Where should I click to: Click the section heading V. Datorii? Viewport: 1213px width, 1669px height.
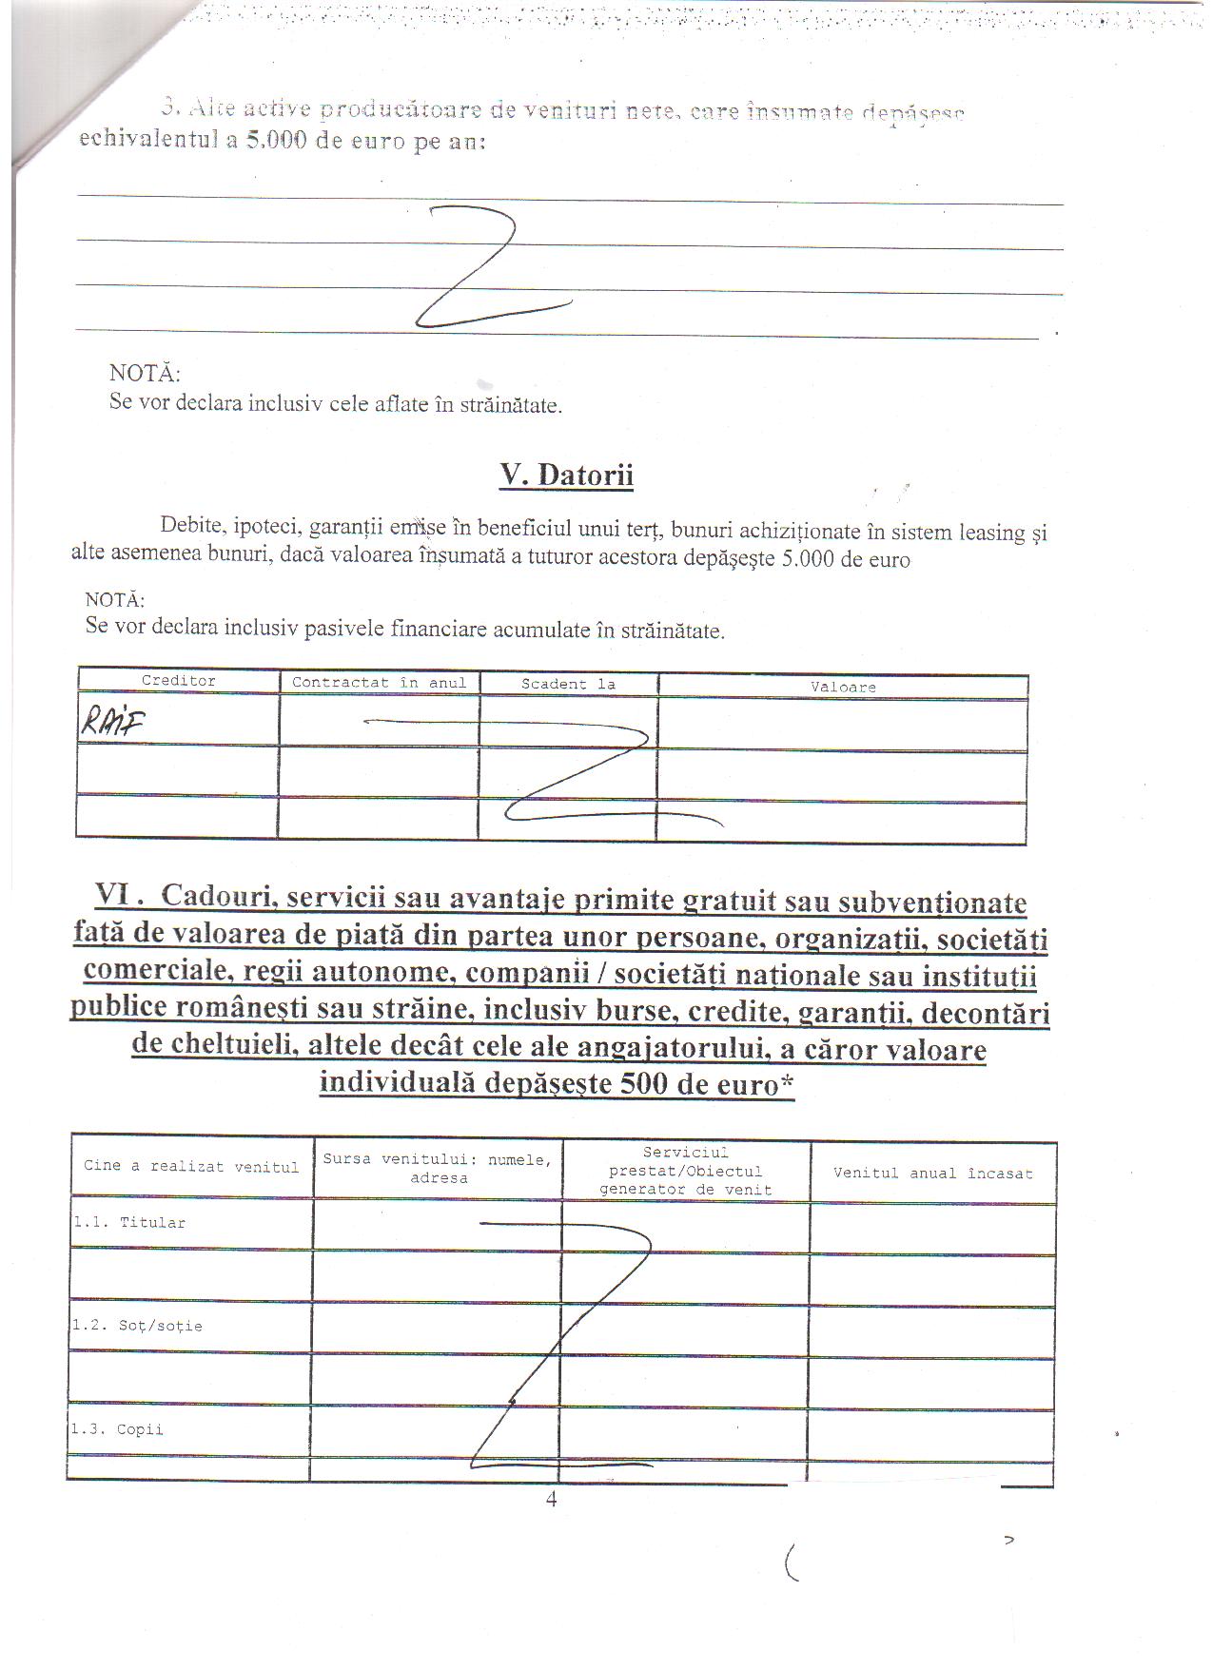(x=566, y=475)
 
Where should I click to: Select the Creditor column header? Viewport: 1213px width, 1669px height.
(x=179, y=681)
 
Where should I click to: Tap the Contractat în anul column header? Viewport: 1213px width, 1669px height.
(x=379, y=683)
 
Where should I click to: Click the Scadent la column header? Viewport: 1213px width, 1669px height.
(x=568, y=685)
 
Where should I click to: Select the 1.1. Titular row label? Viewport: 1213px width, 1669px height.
(x=129, y=1223)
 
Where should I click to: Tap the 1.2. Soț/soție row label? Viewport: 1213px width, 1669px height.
(x=137, y=1326)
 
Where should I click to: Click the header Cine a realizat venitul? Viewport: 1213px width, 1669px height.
(x=191, y=1167)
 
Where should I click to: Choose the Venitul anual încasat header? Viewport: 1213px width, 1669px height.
(x=932, y=1174)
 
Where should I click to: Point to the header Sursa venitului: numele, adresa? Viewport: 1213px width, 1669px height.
(x=438, y=1169)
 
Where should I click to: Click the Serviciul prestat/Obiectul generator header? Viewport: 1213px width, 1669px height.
(x=685, y=1172)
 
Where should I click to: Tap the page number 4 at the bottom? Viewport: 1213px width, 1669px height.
(x=552, y=1500)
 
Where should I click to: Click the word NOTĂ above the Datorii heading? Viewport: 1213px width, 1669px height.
(x=145, y=374)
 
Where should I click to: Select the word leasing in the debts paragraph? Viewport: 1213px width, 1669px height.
(x=987, y=533)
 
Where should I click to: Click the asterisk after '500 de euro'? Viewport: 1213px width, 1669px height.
(x=787, y=1082)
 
